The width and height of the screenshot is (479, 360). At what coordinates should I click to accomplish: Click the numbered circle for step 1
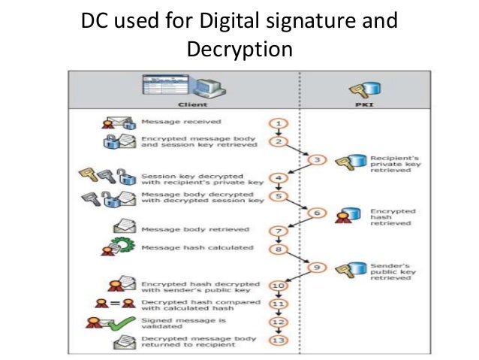pos(277,122)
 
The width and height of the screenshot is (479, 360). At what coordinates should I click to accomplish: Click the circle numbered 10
pos(277,286)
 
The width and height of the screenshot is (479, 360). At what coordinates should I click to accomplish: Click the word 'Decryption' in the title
pos(238,50)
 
